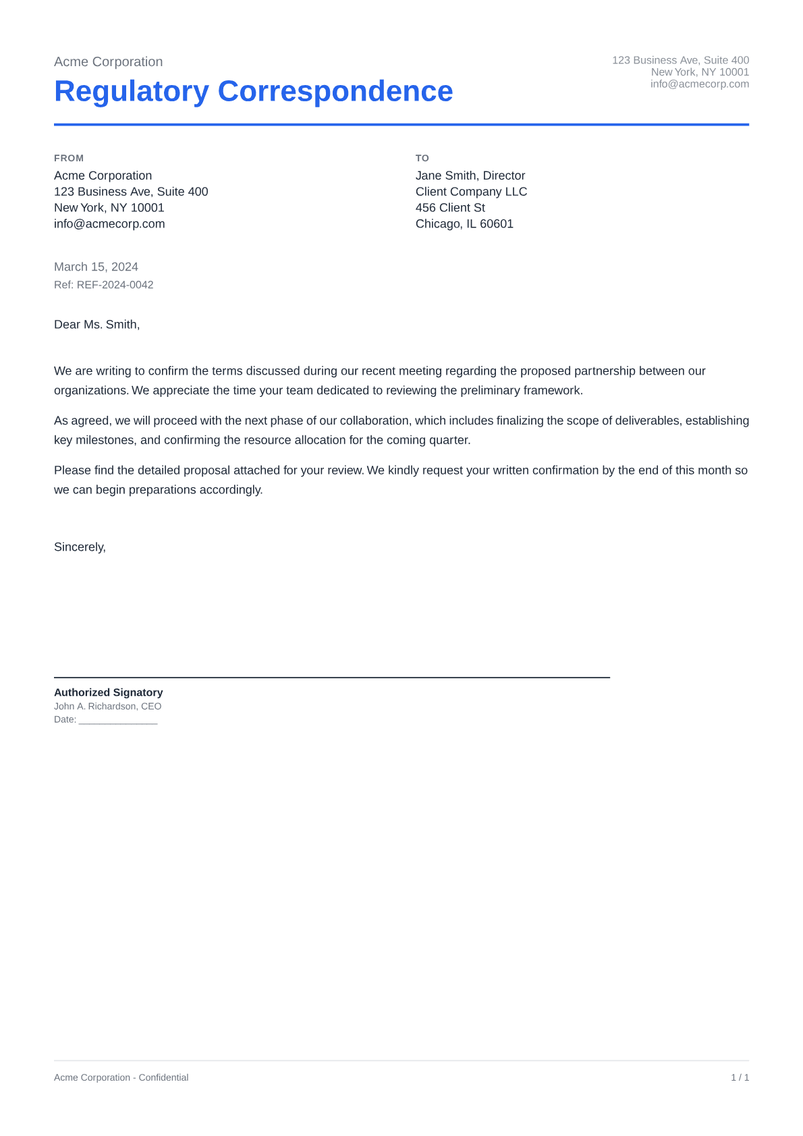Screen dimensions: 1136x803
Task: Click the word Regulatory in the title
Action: [x=132, y=92]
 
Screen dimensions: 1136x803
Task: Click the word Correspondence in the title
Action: [x=335, y=92]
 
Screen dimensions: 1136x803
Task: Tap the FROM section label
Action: [x=69, y=158]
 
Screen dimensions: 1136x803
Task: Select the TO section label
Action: [x=422, y=158]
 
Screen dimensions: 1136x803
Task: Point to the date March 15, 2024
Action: [x=96, y=267]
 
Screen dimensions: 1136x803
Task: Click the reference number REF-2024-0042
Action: [x=115, y=285]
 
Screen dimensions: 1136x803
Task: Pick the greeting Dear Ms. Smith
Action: [x=96, y=325]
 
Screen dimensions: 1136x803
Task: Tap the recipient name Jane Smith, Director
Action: [x=470, y=175]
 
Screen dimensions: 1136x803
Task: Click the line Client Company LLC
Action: [x=471, y=192]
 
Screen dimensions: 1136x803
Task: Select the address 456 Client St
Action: [x=450, y=208]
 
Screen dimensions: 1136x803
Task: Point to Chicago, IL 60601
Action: [x=464, y=224]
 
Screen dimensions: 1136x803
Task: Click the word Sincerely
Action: [x=80, y=547]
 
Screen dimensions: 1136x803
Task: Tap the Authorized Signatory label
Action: [x=108, y=693]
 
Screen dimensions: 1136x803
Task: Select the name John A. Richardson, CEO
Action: [x=107, y=707]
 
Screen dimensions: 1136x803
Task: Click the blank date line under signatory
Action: [x=117, y=720]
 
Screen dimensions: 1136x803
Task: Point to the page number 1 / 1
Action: [x=740, y=1078]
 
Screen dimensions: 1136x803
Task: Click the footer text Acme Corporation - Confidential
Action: [x=121, y=1078]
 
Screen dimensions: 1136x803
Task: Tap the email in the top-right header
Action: [x=699, y=84]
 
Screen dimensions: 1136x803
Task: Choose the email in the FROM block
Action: [x=109, y=224]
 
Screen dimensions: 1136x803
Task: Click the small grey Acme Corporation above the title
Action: [x=108, y=62]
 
